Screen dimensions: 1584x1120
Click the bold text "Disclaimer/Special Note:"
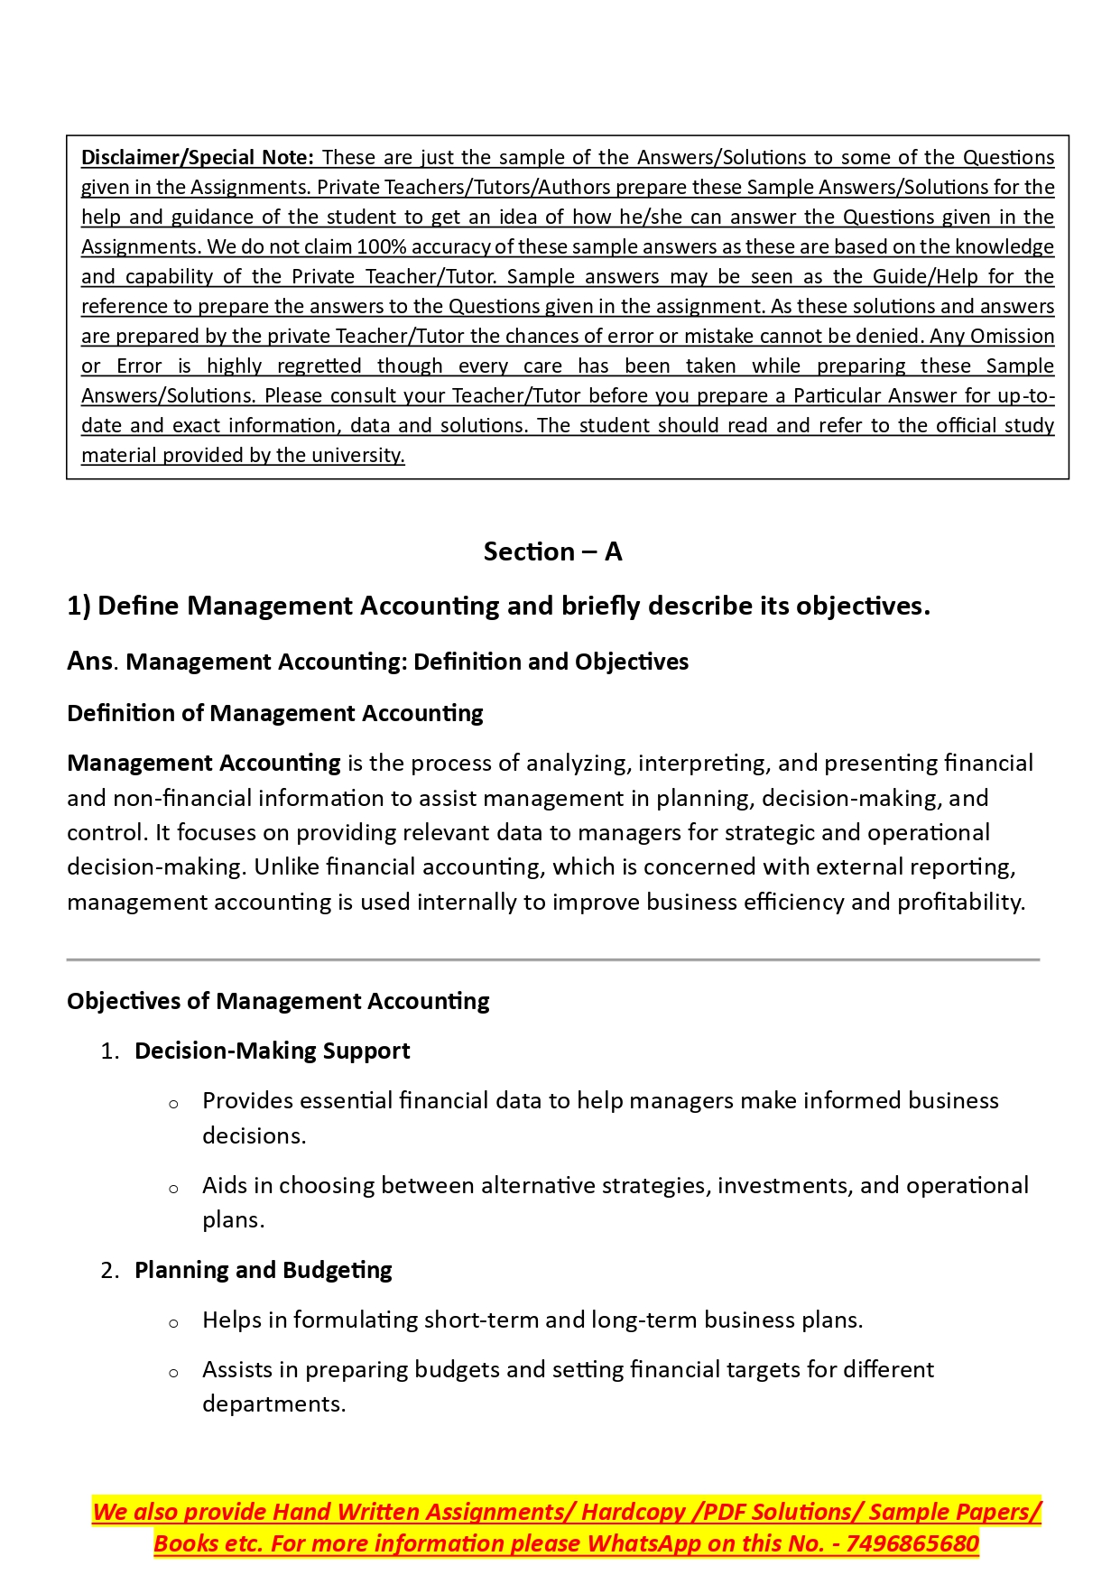pos(197,157)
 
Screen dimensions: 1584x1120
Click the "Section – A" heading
pos(552,551)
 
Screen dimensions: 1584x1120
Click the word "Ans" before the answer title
pos(89,662)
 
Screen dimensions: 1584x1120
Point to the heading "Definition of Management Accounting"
pos(274,713)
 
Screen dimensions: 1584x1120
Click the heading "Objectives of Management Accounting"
pos(278,1001)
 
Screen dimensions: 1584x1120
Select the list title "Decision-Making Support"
pos(272,1051)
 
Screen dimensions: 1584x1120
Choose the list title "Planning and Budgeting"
pos(263,1270)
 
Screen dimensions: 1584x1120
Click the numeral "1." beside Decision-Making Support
pos(110,1051)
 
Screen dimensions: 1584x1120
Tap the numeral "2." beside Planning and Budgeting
pos(110,1271)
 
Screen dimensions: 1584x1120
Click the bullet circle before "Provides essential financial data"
pos(173,1104)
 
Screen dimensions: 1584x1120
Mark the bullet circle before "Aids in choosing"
pos(173,1189)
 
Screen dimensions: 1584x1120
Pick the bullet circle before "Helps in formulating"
pos(173,1323)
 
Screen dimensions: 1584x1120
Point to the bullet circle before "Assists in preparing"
pos(173,1373)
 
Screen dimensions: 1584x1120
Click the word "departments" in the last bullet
pos(272,1404)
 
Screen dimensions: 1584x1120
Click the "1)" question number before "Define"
pos(79,606)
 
